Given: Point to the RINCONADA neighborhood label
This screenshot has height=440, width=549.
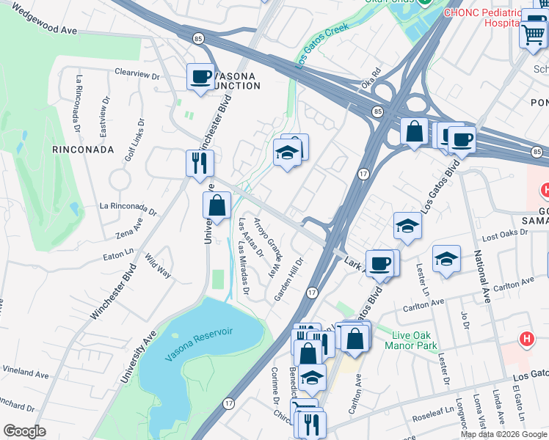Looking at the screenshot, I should point(83,149).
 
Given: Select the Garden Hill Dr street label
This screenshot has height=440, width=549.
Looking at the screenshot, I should point(289,279).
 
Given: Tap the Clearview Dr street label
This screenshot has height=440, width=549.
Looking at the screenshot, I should point(137,74).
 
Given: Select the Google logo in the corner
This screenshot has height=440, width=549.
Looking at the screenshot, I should point(24,430).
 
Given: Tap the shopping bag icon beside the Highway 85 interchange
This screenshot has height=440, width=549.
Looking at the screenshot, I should point(415,132).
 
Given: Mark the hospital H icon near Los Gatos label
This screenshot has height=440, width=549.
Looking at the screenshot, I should point(526,340).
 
